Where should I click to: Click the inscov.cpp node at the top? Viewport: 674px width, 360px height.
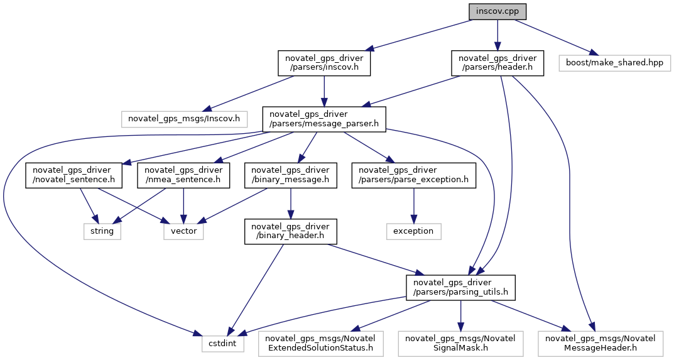tap(497, 11)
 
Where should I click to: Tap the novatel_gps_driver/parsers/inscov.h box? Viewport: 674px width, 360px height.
tap(324, 63)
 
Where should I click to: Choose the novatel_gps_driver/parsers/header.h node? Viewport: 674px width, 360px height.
tap(497, 63)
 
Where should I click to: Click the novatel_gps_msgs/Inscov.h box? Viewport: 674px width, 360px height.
tap(184, 117)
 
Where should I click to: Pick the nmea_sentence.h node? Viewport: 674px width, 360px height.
tap(183, 175)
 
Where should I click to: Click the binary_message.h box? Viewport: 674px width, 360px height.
tap(290, 175)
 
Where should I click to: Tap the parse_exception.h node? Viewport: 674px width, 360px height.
tap(413, 175)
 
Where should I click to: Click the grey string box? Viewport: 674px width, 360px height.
tap(102, 231)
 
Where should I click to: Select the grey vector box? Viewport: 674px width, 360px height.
tap(183, 231)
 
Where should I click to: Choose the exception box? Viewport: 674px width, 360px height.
tap(413, 231)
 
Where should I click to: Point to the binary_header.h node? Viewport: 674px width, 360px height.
tap(290, 231)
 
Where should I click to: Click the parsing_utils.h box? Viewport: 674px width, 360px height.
tap(461, 287)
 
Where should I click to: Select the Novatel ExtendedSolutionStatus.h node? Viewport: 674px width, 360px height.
tap(320, 343)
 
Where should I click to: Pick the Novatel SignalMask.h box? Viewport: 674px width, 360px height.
tap(461, 343)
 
